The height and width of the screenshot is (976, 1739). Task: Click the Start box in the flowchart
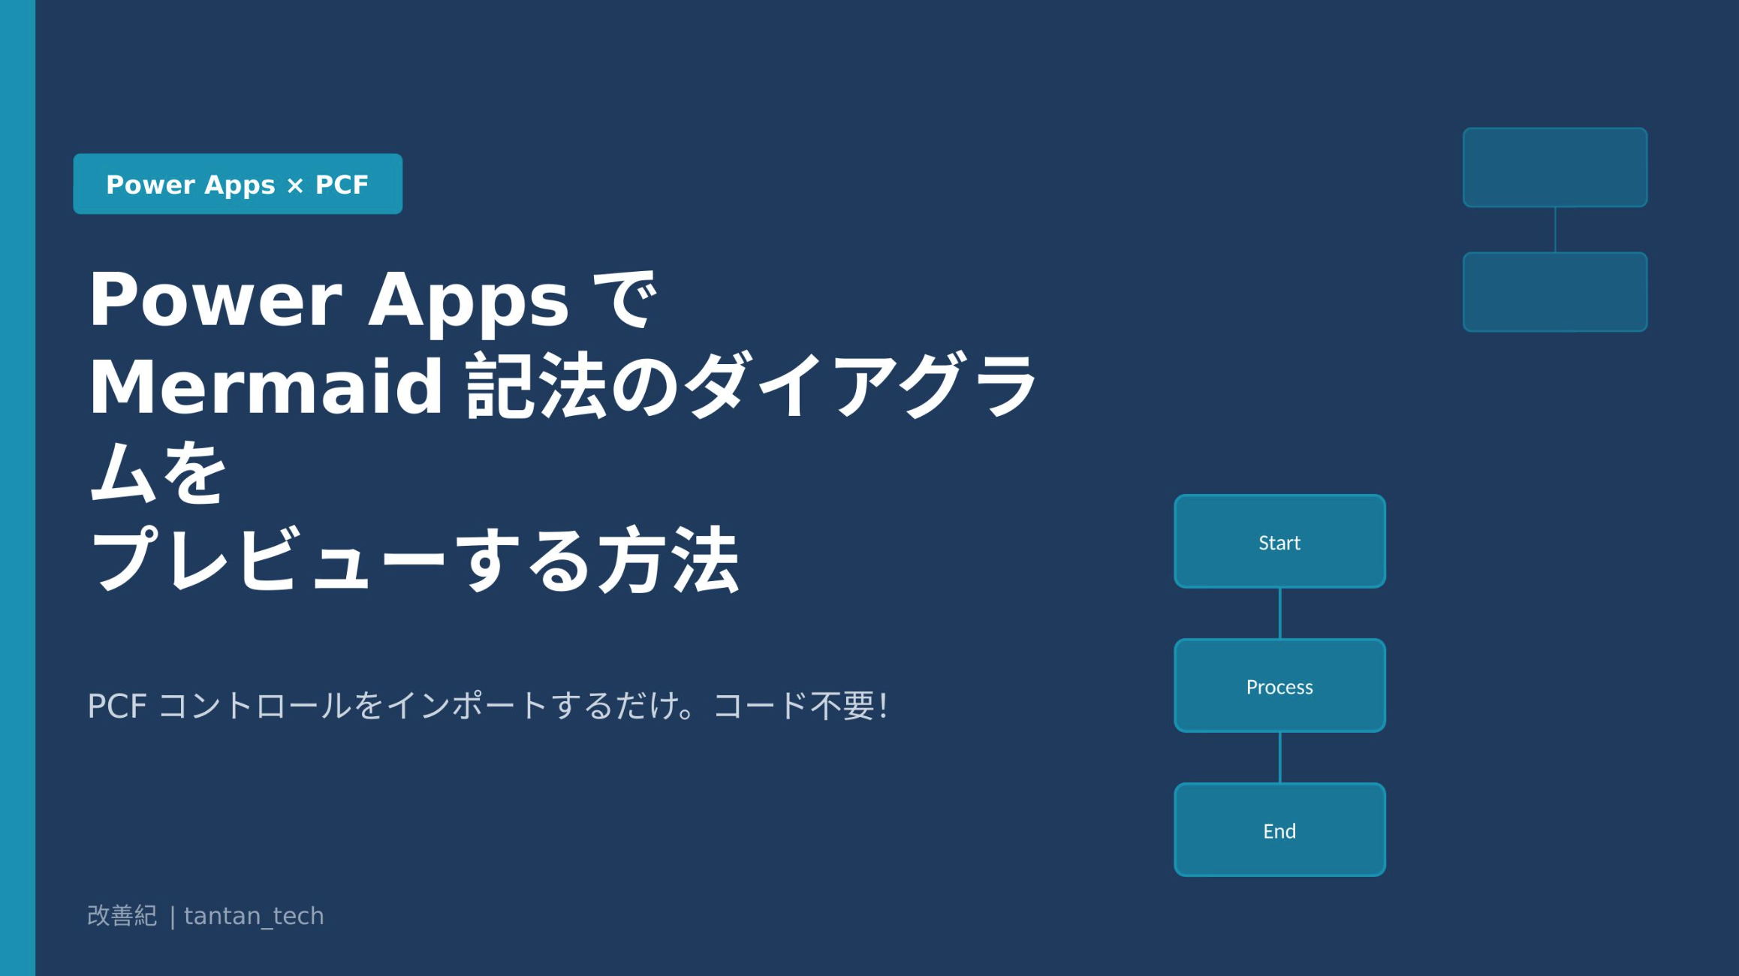tap(1279, 541)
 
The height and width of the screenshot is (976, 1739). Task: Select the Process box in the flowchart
tap(1279, 685)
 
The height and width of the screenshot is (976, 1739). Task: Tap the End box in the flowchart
tap(1279, 830)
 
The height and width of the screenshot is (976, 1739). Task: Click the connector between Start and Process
tap(1279, 613)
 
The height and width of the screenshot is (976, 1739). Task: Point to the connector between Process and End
tap(1279, 758)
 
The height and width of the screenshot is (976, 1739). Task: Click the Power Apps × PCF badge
tap(237, 184)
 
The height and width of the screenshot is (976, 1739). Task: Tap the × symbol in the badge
tap(295, 186)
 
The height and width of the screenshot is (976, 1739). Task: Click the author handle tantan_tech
tap(254, 916)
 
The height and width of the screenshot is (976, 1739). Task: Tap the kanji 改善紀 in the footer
tap(122, 916)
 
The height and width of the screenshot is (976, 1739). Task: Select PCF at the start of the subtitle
tap(116, 706)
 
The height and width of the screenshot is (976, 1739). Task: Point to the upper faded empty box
tap(1555, 167)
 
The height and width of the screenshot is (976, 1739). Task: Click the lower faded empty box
tap(1555, 291)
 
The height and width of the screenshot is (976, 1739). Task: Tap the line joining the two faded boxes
tap(1555, 230)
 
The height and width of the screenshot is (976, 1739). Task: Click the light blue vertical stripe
tap(17, 488)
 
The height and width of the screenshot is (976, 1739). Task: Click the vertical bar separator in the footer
tap(173, 917)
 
